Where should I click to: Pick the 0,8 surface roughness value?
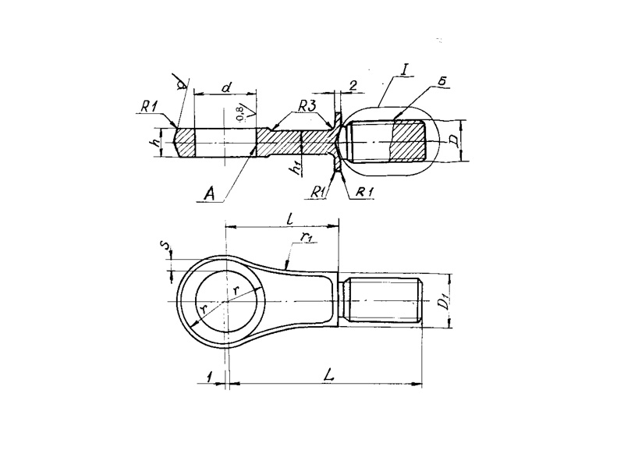click(x=240, y=112)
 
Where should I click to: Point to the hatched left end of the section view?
click(x=184, y=142)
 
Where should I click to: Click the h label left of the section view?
click(x=157, y=142)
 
